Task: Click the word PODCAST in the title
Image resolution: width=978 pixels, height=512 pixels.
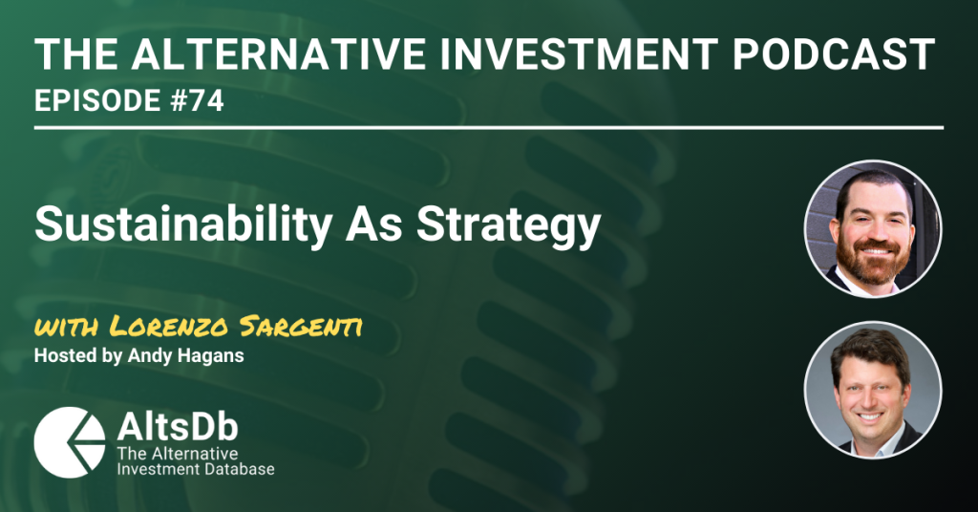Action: pos(833,54)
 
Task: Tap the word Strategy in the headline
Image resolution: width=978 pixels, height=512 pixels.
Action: pos(508,225)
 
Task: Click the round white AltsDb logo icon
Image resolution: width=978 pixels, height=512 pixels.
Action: pos(70,443)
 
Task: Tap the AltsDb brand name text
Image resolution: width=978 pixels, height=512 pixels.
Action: pos(178,427)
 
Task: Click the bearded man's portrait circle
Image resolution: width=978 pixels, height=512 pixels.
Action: pos(873,229)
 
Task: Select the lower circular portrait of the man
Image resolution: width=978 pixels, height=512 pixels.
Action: pos(873,391)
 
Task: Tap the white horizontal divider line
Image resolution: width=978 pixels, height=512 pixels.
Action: pos(489,128)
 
